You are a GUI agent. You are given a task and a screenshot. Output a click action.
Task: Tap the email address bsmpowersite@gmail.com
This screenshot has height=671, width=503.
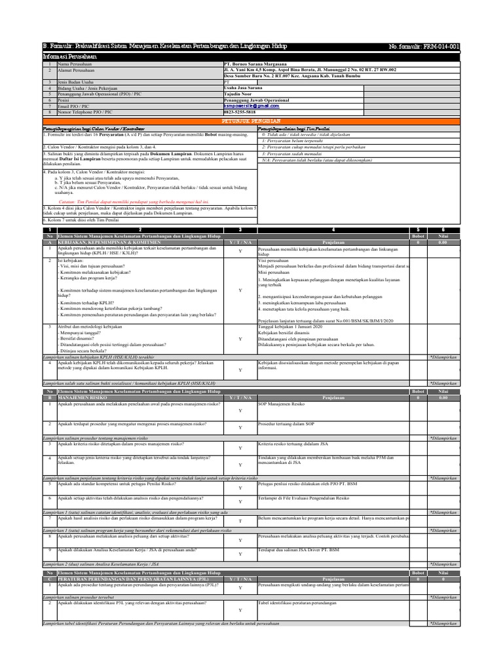(x=246, y=105)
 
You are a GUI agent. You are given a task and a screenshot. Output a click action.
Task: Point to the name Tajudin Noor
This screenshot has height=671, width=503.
(x=237, y=94)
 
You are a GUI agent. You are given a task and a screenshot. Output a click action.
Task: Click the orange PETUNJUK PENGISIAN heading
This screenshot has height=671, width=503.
(x=251, y=121)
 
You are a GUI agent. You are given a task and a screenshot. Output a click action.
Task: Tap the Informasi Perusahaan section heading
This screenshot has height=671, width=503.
(x=69, y=58)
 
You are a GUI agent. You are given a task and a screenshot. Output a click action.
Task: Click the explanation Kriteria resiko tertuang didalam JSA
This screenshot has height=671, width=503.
(x=293, y=444)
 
